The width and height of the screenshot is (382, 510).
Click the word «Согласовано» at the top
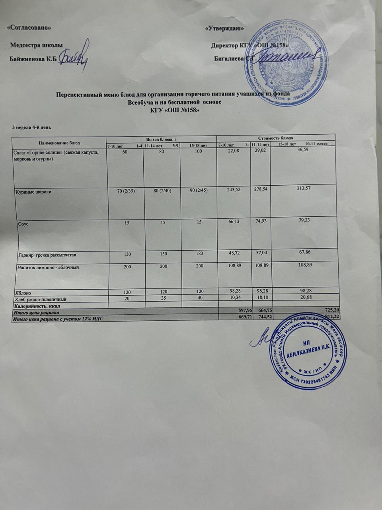click(x=30, y=28)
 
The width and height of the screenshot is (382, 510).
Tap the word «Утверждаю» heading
click(x=224, y=29)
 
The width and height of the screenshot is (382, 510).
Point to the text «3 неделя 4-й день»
click(x=31, y=127)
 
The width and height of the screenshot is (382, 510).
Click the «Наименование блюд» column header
click(x=59, y=143)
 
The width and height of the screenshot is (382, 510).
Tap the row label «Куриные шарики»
click(x=34, y=192)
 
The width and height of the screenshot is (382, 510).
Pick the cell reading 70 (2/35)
click(x=126, y=191)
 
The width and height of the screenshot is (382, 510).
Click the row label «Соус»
click(x=23, y=224)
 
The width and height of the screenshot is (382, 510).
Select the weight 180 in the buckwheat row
click(x=199, y=253)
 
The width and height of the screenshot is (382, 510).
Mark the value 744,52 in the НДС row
click(x=261, y=317)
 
